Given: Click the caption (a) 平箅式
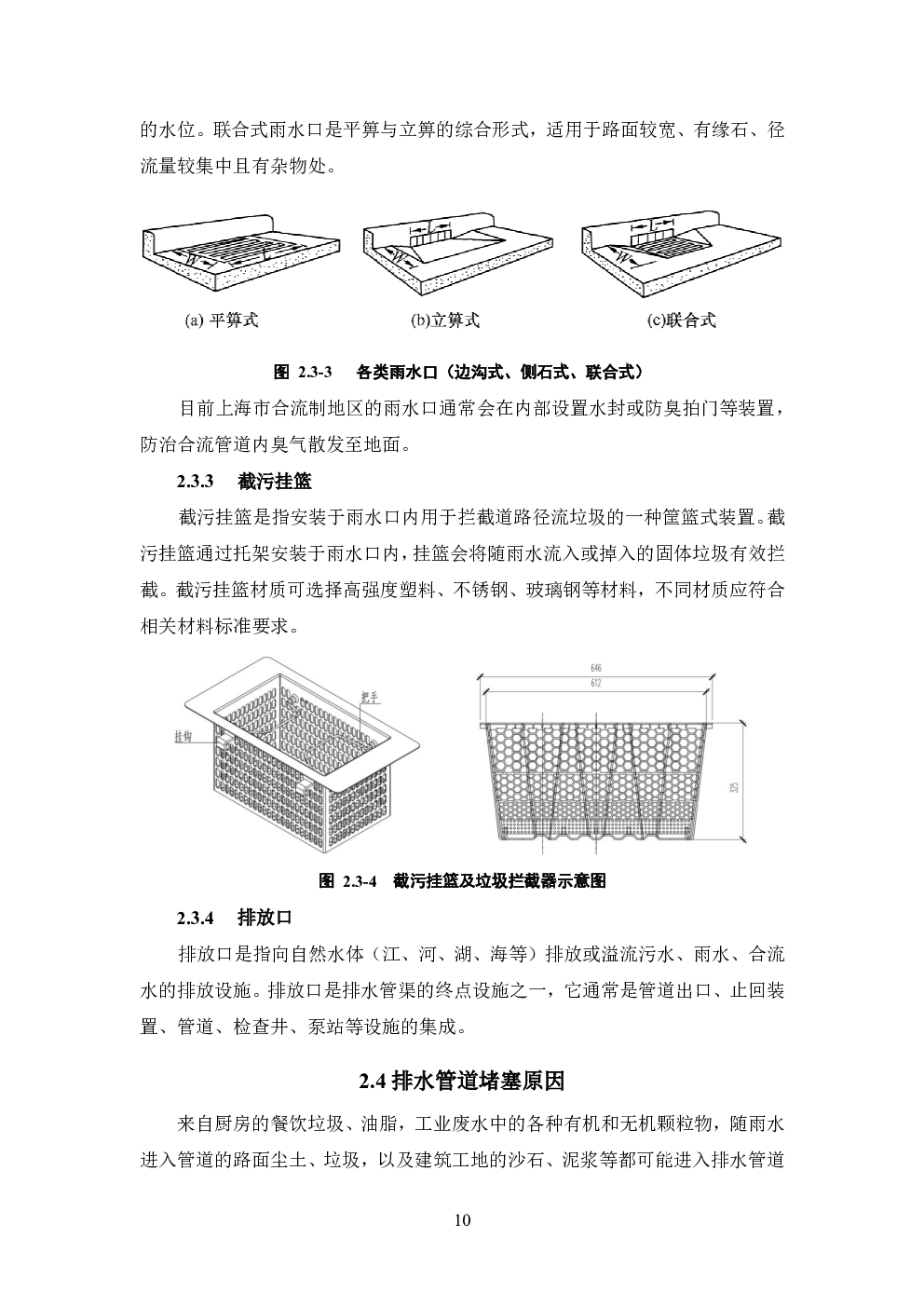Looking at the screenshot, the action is point(222,320).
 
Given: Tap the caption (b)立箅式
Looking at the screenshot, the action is point(445,320).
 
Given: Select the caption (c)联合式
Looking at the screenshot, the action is point(681,320).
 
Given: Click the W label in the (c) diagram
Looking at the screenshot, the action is point(623,257).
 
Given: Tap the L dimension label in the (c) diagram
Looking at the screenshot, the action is point(653,224).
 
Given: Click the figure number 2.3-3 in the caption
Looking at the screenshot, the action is point(315,373).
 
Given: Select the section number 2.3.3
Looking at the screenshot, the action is point(196,482).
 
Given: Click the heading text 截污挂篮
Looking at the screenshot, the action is point(275,482).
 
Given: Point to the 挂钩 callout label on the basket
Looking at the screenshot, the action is point(183,737).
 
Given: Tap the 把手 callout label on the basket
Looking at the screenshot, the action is point(370,696).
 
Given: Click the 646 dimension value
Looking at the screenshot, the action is point(595,668).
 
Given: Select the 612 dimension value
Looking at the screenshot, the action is point(595,683).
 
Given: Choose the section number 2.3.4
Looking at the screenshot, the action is point(196,918).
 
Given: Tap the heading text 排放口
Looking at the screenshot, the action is point(265,918).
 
